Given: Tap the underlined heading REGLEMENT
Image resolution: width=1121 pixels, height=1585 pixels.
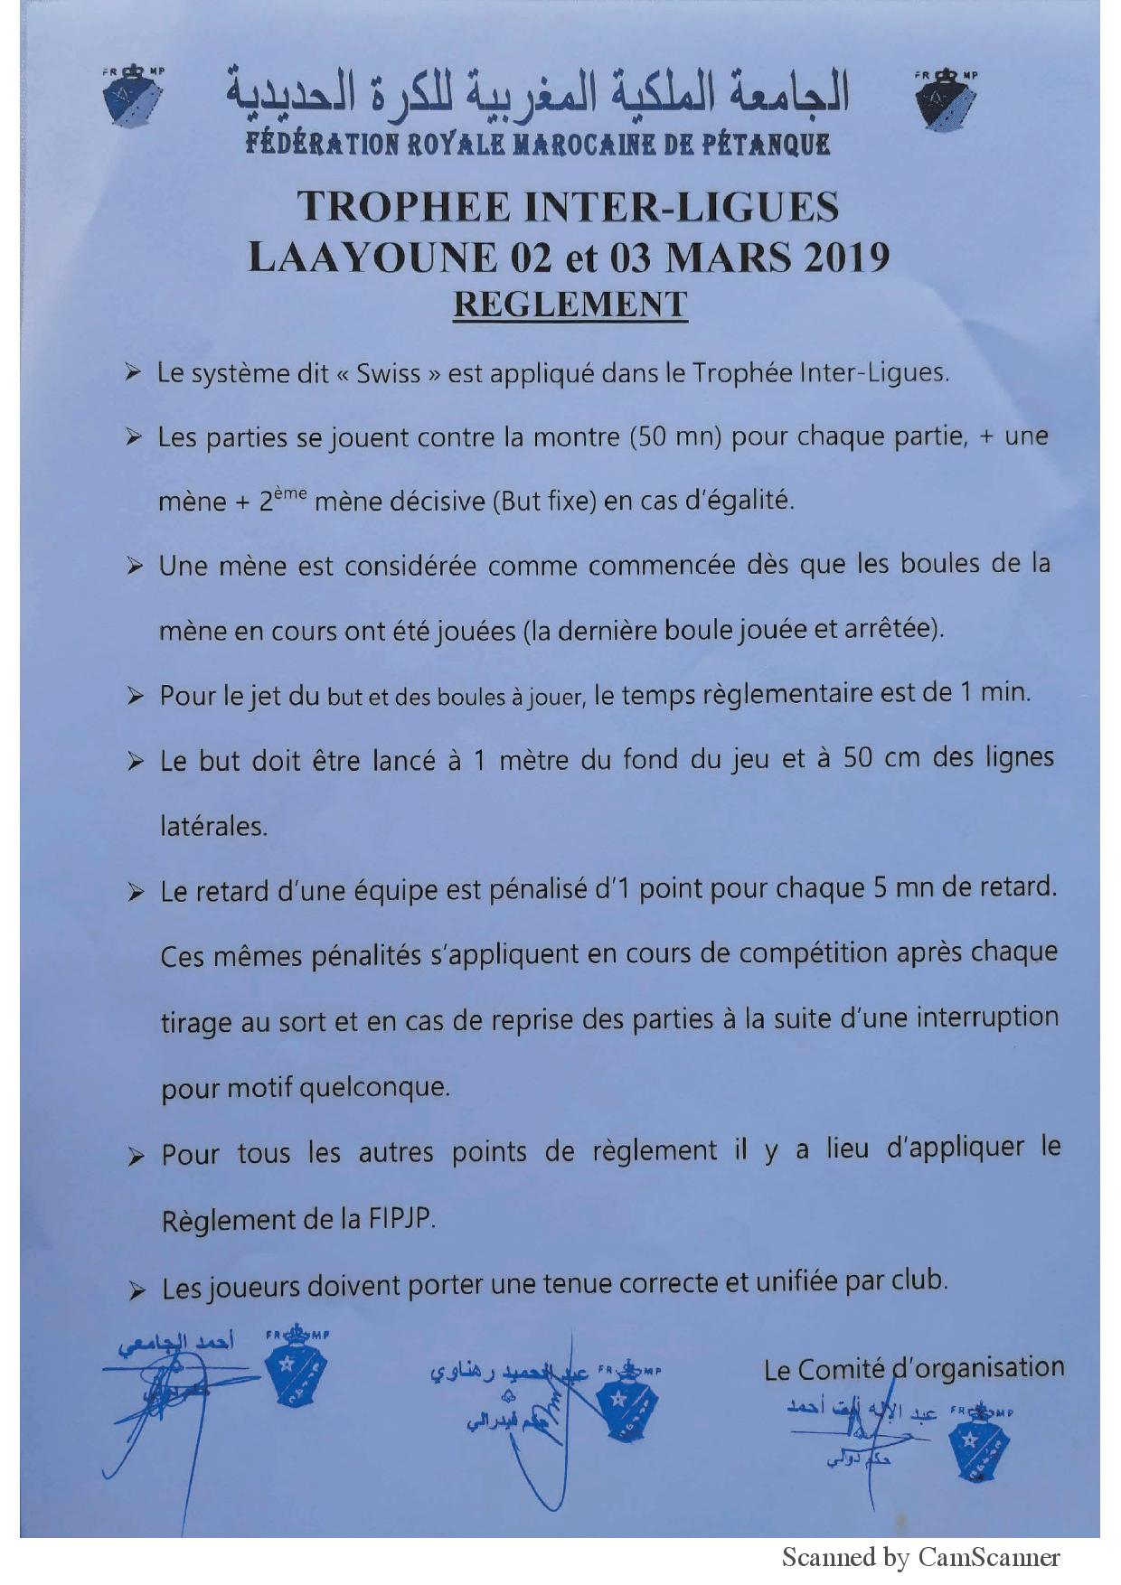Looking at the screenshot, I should click(570, 305).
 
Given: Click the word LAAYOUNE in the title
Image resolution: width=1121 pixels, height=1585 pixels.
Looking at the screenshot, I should click(372, 258).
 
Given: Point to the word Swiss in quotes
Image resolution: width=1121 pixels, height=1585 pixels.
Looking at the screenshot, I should click(388, 374).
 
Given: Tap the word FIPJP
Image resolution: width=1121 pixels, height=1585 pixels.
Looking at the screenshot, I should click(401, 1219).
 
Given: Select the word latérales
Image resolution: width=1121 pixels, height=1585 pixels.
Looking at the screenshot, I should click(213, 826).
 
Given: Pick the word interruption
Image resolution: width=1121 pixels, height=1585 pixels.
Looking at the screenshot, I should click(987, 1018).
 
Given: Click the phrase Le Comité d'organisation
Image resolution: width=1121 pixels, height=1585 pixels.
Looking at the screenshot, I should click(913, 1369).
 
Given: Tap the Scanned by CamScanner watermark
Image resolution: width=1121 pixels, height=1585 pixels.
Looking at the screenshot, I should click(920, 1558).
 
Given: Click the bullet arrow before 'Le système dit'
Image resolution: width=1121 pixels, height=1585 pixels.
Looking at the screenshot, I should click(133, 373).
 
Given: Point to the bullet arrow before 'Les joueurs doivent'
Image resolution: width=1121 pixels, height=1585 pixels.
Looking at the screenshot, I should click(137, 1291).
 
